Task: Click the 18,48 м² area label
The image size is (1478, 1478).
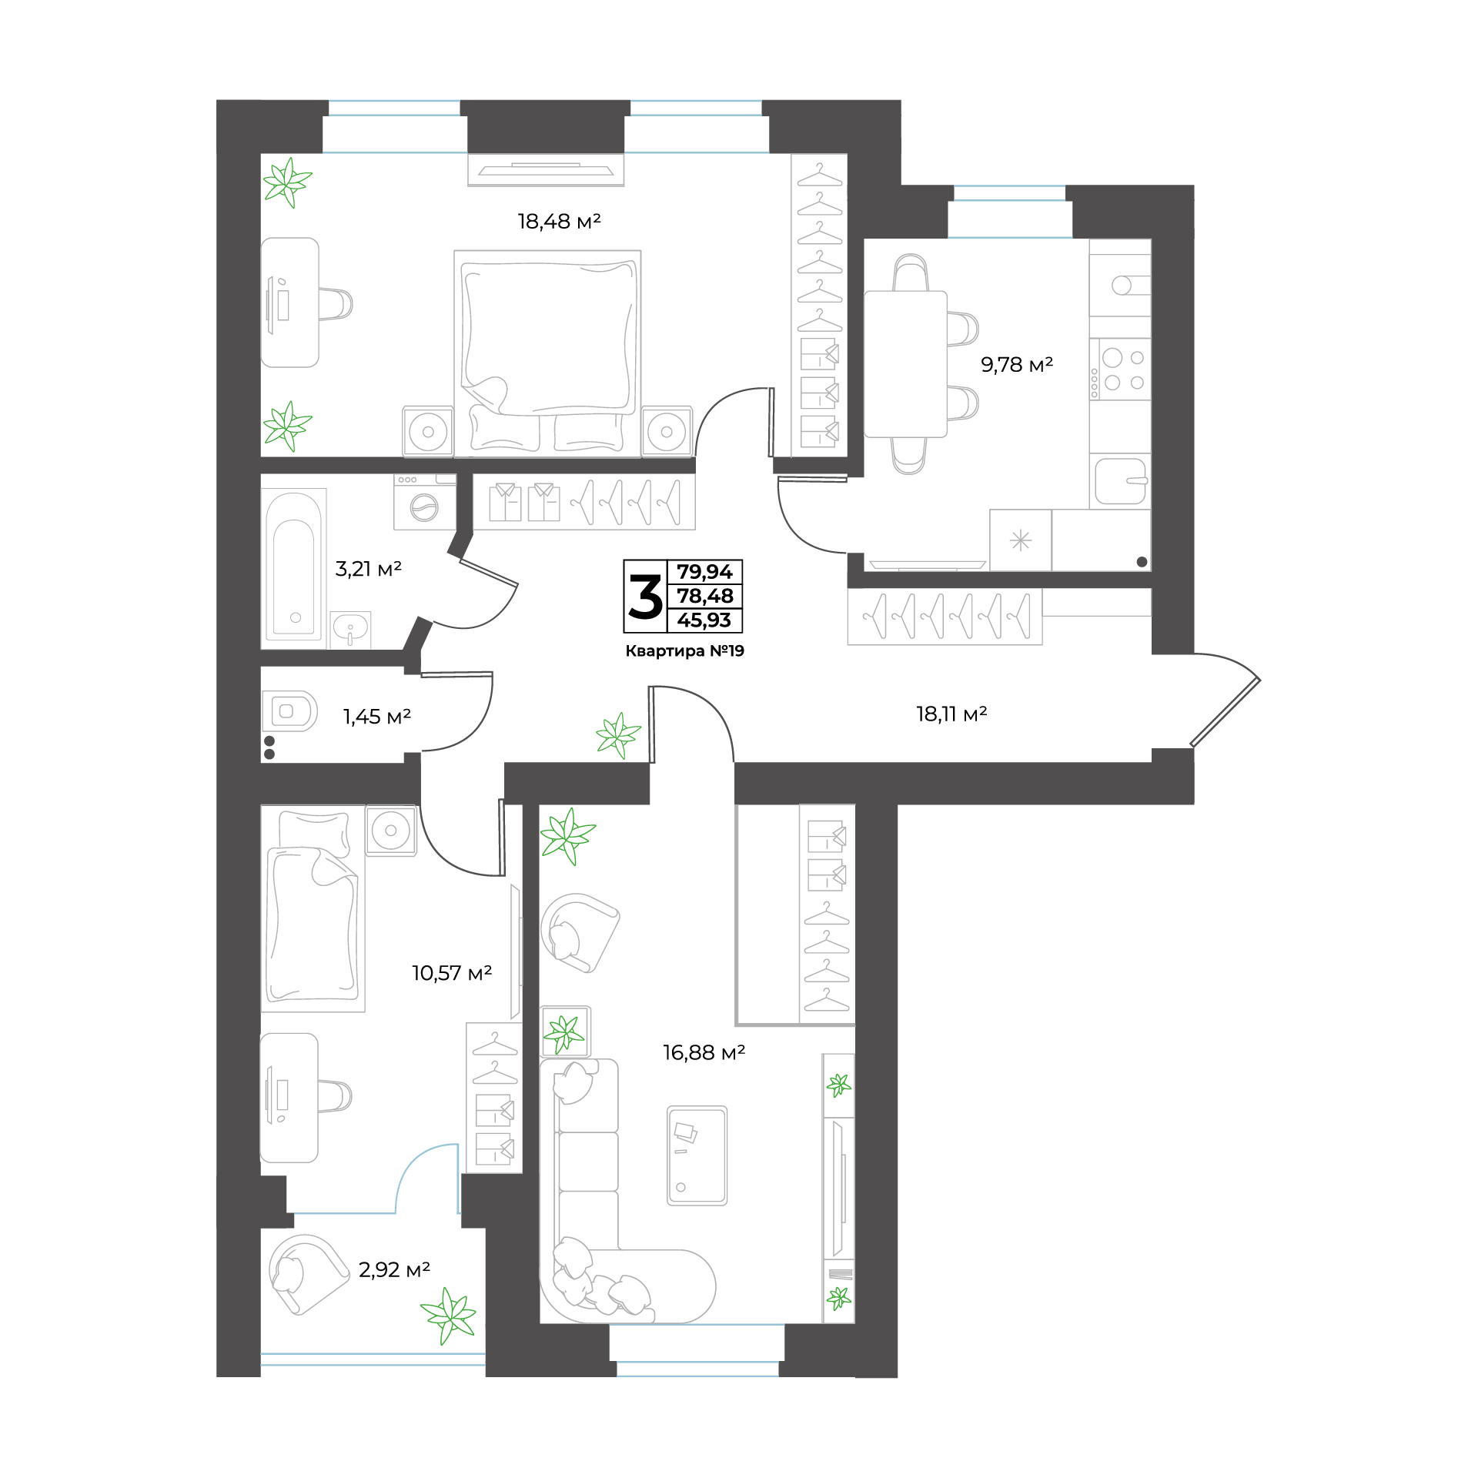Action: coord(559,222)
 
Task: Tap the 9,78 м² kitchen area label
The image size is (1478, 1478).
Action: coord(1017,364)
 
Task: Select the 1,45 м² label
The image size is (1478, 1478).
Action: coord(376,717)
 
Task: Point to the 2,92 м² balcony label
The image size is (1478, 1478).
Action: coord(394,1269)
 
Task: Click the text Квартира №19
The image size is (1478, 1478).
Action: coord(684,651)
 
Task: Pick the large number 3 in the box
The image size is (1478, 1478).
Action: coord(645,597)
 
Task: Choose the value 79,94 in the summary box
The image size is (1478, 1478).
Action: coord(704,572)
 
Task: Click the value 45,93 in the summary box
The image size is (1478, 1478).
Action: coord(704,620)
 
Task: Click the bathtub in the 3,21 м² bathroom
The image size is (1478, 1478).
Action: coord(293,567)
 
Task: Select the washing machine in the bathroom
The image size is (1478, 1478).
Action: coord(425,502)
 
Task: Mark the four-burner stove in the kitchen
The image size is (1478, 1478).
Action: coord(1120,369)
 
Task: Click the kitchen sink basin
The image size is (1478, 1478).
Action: coord(1121,481)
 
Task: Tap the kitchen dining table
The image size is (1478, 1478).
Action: coord(905,364)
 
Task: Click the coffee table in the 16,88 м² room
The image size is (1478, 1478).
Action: coord(697,1155)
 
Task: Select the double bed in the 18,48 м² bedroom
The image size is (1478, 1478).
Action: coord(547,353)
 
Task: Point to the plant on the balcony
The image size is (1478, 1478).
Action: coord(448,1315)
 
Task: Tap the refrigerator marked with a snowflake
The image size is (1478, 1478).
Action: coord(1021,540)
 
